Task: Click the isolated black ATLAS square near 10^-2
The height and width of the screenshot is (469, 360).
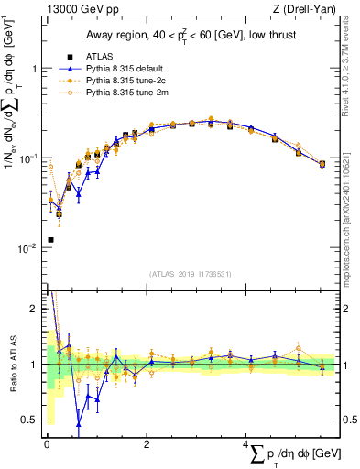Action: coord(49,240)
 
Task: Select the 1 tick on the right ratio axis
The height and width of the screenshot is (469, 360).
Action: coord(343,365)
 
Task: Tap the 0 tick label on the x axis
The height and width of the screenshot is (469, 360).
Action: coord(46,443)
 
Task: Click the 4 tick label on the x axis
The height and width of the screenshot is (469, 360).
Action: coord(246,443)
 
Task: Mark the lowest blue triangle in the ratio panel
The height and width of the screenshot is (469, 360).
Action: coord(79,424)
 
